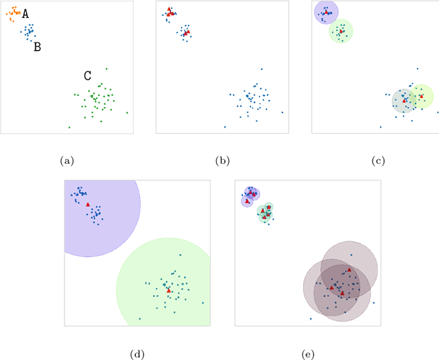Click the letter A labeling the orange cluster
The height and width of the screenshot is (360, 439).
[x=25, y=14]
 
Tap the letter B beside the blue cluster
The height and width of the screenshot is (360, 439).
[x=37, y=47]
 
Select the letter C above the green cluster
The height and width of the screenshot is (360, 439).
[x=88, y=76]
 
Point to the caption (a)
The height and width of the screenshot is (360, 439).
[x=67, y=161]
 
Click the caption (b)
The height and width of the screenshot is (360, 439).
[x=222, y=161]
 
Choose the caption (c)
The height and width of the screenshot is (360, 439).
[x=378, y=161]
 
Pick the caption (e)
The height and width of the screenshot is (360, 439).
[x=308, y=355]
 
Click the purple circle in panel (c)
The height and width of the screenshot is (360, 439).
[x=325, y=12]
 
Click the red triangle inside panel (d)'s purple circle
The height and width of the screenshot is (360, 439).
[x=88, y=204]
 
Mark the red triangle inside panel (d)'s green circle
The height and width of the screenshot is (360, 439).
[x=169, y=291]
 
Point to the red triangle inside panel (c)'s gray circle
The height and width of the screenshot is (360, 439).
[x=405, y=101]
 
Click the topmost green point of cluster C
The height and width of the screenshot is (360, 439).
[x=107, y=68]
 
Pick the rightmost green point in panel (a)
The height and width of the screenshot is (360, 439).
[x=127, y=112]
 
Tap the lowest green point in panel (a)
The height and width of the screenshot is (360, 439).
[x=69, y=127]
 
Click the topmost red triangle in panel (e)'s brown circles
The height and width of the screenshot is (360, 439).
[x=349, y=269]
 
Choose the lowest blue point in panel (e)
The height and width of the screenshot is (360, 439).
[x=311, y=318]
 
